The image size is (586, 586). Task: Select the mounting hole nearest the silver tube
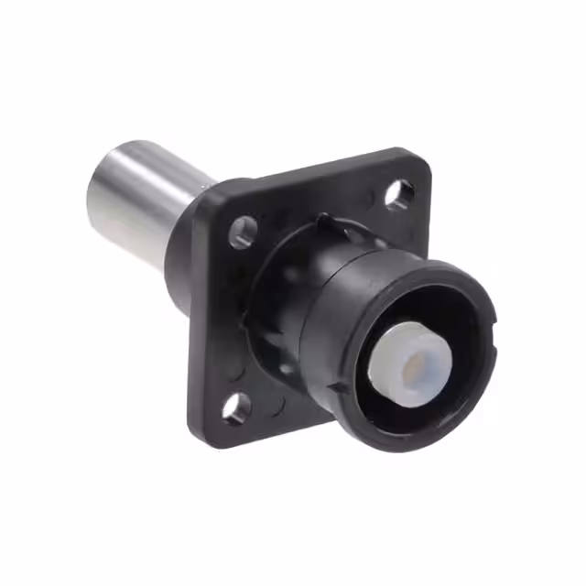coord(242,231)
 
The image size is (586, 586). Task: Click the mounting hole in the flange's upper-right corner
coord(398,193)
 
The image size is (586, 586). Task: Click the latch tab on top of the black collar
coord(322,220)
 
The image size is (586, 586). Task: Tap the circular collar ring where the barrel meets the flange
coord(275,275)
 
